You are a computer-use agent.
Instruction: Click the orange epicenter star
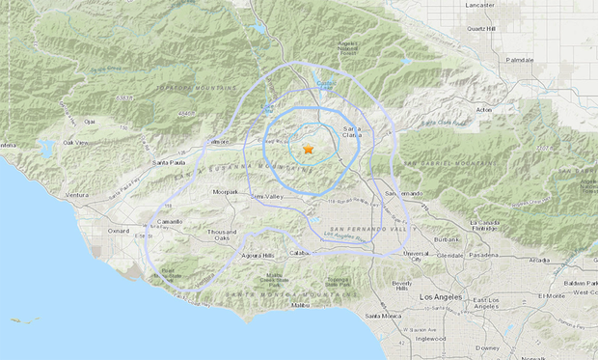coord(308,150)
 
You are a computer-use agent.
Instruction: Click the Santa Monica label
coord(384,316)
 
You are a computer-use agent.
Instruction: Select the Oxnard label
coord(119,231)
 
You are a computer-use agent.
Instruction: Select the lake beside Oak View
coord(46,150)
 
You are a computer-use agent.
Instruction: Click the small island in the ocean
coord(29,321)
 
